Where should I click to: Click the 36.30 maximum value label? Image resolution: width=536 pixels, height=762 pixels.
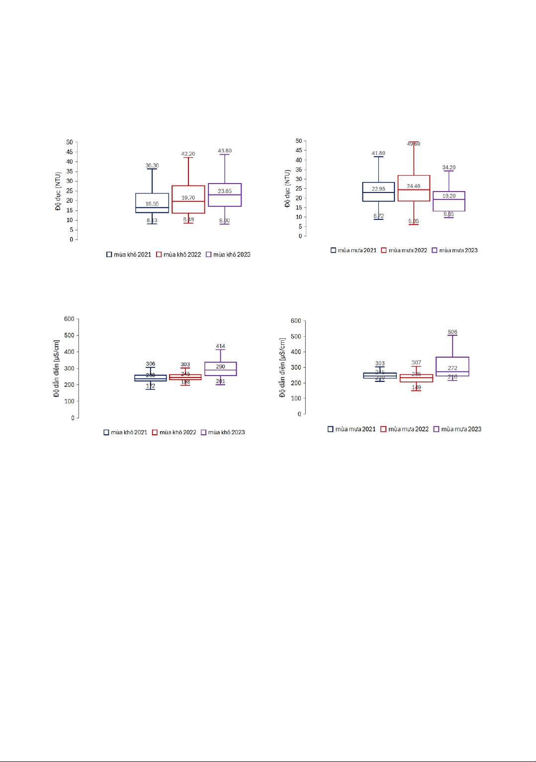152,166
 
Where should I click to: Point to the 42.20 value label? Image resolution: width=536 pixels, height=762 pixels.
188,154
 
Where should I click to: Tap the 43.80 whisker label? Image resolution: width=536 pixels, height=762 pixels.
225,151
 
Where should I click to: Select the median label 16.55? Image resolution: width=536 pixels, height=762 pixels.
152,204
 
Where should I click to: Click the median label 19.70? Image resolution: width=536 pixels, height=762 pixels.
188,198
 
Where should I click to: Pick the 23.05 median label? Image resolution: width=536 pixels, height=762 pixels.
225,191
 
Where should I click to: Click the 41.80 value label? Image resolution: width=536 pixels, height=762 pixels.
378,153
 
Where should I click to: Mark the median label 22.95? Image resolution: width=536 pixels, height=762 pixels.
378,189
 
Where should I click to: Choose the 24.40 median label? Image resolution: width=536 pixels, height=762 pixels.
414,186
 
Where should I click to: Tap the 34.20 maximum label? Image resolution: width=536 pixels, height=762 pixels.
449,168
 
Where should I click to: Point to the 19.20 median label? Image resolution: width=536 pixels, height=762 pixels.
449,196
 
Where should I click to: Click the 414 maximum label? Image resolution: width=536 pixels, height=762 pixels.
220,346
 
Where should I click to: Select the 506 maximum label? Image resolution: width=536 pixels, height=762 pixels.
452,332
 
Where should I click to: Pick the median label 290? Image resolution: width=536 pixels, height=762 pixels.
220,367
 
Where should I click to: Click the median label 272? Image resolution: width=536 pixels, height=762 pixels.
452,368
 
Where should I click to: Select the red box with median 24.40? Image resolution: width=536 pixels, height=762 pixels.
414,195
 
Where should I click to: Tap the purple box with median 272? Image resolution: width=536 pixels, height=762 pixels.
452,363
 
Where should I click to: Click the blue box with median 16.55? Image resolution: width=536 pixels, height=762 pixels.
152,198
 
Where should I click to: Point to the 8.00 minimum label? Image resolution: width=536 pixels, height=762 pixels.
225,221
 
